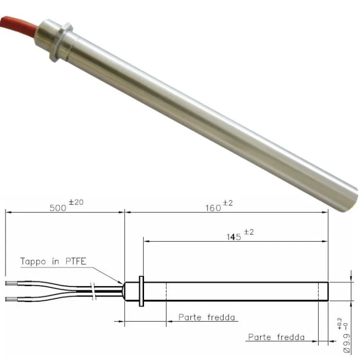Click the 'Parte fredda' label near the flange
coord(207,317)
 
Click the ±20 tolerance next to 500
coord(76,202)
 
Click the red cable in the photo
coord(16,23)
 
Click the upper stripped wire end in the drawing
coord(13,283)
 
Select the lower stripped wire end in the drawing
coord(13,299)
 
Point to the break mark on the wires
coord(93,292)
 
